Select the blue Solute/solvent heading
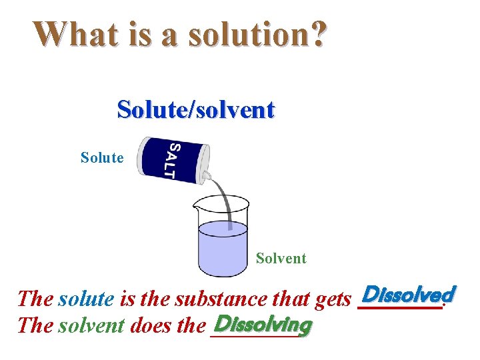click(195, 109)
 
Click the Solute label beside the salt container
click(102, 158)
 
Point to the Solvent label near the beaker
click(281, 258)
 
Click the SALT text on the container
click(172, 160)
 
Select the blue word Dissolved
click(407, 294)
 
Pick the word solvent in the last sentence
click(91, 326)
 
